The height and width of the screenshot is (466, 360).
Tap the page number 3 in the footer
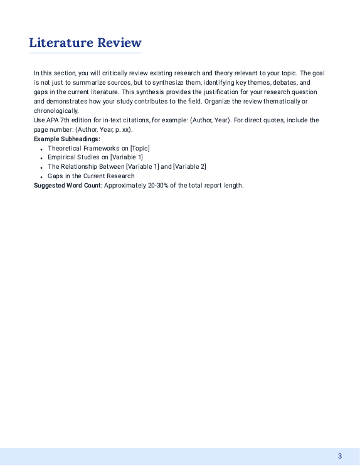340,456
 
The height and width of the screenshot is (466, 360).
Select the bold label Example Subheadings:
66,139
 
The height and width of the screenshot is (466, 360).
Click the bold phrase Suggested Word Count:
68,186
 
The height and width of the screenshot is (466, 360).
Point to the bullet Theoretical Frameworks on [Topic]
98,148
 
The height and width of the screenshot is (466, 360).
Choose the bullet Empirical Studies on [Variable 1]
95,157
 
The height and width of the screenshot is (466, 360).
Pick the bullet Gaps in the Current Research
91,176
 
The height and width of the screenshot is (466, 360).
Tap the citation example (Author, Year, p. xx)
103,129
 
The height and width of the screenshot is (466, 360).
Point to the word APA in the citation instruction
52,120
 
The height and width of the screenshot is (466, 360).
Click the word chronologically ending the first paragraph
56,110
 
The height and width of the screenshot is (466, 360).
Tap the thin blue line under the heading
85,53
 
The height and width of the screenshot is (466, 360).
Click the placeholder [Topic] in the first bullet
140,148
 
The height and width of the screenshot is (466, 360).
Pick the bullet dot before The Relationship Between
41,168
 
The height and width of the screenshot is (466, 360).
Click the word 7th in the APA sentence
66,120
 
